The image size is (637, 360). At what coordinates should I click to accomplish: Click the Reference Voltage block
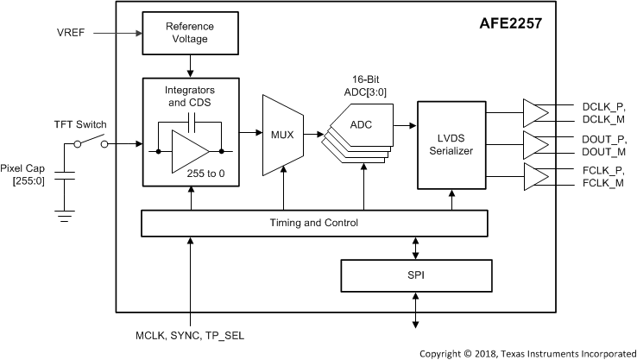click(190, 33)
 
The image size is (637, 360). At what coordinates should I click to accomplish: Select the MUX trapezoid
click(283, 136)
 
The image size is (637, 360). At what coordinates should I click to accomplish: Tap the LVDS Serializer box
click(451, 145)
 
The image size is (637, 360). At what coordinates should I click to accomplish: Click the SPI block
click(416, 275)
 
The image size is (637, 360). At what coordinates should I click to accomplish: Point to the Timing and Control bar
click(314, 223)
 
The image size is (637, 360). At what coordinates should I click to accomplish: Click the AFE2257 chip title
click(511, 23)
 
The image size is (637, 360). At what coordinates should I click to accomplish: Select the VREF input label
click(71, 33)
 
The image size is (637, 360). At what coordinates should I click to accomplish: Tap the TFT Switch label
click(80, 124)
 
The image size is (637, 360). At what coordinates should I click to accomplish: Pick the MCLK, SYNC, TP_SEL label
click(190, 336)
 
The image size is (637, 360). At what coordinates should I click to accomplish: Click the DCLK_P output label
click(603, 107)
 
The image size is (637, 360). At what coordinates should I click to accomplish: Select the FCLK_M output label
click(602, 183)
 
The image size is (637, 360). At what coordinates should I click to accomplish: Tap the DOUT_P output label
click(604, 139)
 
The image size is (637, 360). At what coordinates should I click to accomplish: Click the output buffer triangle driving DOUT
click(534, 145)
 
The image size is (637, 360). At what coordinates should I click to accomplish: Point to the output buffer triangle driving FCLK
click(534, 177)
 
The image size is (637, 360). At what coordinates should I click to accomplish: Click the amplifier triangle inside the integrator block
click(189, 152)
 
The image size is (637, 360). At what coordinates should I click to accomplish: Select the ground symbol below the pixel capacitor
click(64, 216)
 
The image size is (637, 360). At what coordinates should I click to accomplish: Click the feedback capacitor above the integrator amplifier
click(192, 122)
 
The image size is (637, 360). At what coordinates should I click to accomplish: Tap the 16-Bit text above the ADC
click(366, 79)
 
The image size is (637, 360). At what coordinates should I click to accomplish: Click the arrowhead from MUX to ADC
click(320, 134)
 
